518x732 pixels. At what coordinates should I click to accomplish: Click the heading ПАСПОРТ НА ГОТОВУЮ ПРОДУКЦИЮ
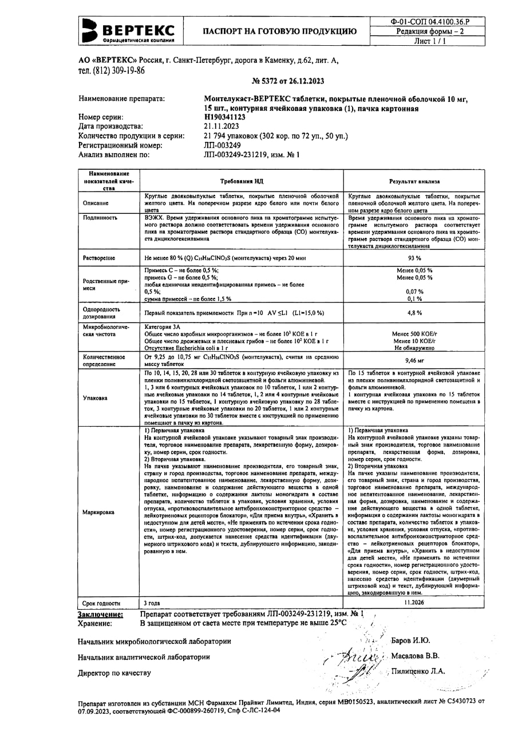click(279, 31)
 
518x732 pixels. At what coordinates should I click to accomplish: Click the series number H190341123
click(225, 117)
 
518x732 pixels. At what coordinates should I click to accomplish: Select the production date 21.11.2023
click(222, 126)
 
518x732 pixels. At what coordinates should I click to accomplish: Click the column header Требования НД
click(242, 181)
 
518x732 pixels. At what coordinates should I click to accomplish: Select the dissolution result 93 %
click(414, 258)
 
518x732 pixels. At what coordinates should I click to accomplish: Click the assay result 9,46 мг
click(414, 360)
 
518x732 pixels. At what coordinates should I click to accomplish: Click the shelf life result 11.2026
click(414, 603)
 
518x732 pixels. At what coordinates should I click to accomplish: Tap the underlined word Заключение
click(100, 614)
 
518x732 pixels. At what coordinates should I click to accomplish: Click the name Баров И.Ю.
click(410, 640)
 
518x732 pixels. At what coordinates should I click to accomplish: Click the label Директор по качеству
click(114, 673)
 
